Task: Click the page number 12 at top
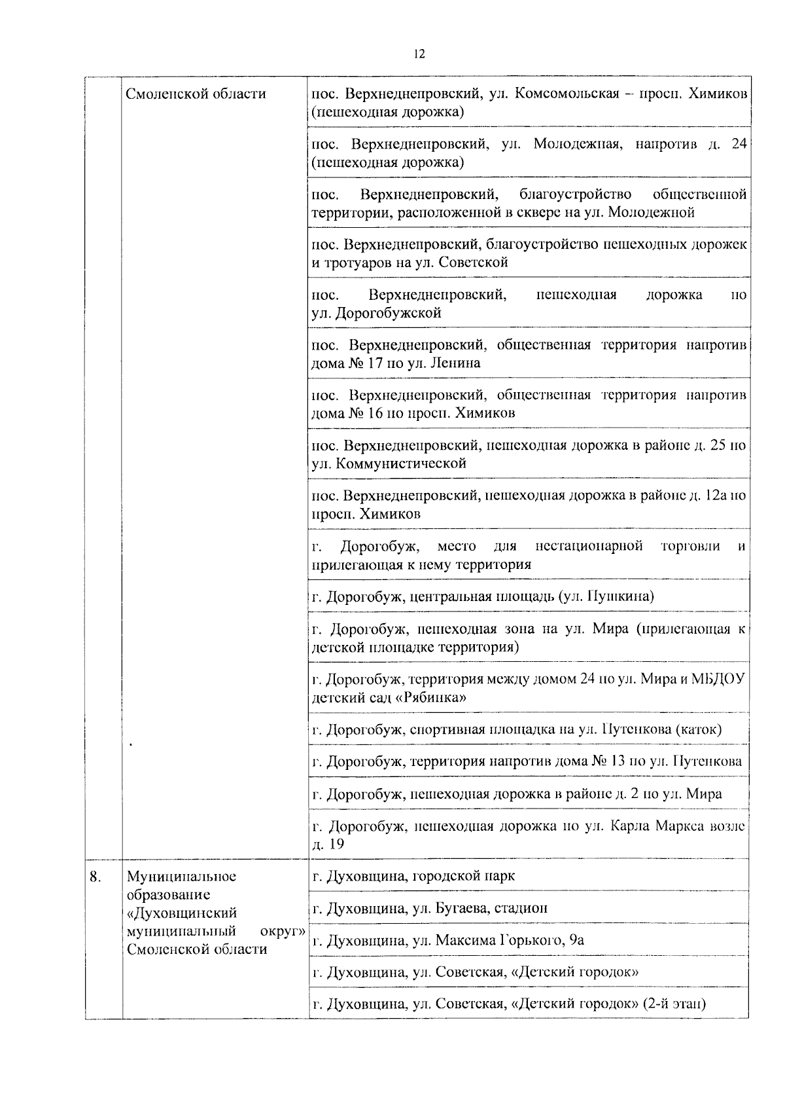pos(419,54)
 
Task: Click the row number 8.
pos(96,876)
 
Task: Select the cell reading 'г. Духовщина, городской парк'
pos(529,876)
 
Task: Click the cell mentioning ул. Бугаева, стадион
pos(529,908)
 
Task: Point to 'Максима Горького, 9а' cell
pos(529,940)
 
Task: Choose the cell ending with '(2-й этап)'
pos(529,1004)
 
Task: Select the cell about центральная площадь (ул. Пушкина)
pos(529,596)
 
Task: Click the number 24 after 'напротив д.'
pos(739,144)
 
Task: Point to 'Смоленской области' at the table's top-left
pos(196,94)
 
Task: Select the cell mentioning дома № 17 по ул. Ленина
pos(529,354)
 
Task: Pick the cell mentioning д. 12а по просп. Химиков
pos(529,504)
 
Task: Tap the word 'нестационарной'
pos(589,546)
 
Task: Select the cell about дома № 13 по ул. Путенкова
pos(529,761)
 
